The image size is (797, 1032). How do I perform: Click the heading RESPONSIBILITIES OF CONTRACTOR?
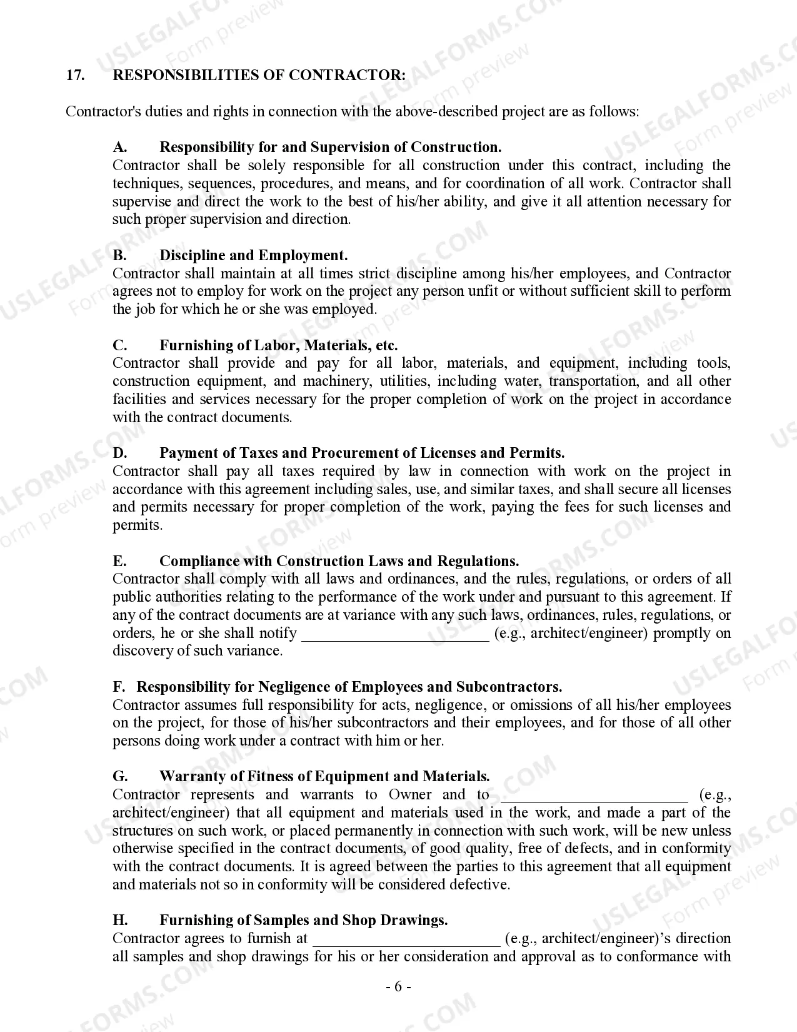point(259,75)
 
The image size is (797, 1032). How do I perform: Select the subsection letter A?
point(120,147)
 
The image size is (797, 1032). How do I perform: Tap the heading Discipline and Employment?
point(253,255)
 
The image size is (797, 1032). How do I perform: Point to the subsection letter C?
point(120,345)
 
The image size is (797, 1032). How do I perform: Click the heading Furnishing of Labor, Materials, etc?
point(278,345)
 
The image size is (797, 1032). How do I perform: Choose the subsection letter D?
point(120,453)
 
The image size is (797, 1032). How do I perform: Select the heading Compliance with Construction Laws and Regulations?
point(339,561)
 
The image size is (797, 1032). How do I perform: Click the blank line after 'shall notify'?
point(395,634)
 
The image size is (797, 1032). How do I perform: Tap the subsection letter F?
point(118,687)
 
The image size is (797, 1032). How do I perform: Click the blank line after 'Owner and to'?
point(594,796)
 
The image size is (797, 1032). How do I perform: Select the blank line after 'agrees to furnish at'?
point(406,939)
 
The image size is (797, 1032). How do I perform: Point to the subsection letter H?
point(120,920)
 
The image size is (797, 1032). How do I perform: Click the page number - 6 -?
point(398,988)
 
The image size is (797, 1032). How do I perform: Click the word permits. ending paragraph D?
point(138,525)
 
